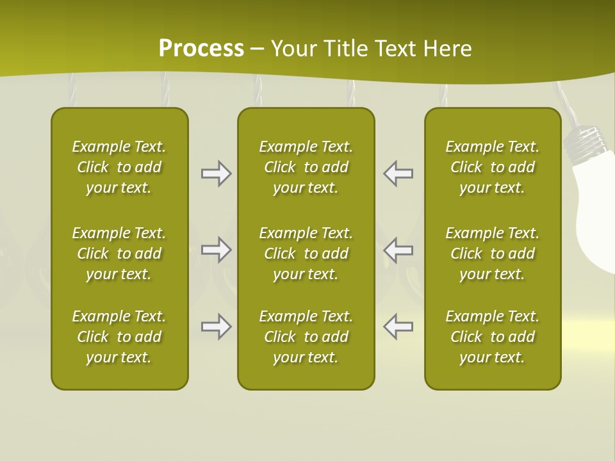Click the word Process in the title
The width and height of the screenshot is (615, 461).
pyautogui.click(x=201, y=49)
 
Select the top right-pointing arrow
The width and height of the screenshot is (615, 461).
pyautogui.click(x=216, y=174)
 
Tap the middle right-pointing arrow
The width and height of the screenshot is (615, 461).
pyautogui.click(x=216, y=250)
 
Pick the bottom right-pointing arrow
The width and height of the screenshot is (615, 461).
pyautogui.click(x=216, y=327)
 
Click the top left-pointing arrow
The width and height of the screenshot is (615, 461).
pyautogui.click(x=398, y=174)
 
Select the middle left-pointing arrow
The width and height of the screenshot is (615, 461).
pyautogui.click(x=398, y=250)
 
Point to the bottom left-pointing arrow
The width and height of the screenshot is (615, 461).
pyautogui.click(x=398, y=327)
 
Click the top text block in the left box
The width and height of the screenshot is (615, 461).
pyautogui.click(x=119, y=167)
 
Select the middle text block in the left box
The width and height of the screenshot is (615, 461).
pyautogui.click(x=119, y=254)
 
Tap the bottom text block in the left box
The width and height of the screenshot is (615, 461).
pyautogui.click(x=119, y=337)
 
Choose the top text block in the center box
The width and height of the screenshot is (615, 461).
pyautogui.click(x=306, y=167)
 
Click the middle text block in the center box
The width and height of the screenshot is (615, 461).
pyautogui.click(x=306, y=254)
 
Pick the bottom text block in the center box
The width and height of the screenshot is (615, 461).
pyautogui.click(x=306, y=337)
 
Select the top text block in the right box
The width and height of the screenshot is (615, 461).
pyautogui.click(x=493, y=167)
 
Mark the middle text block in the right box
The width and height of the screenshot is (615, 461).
pyautogui.click(x=493, y=254)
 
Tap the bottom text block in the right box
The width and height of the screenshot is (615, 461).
pyautogui.click(x=493, y=337)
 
